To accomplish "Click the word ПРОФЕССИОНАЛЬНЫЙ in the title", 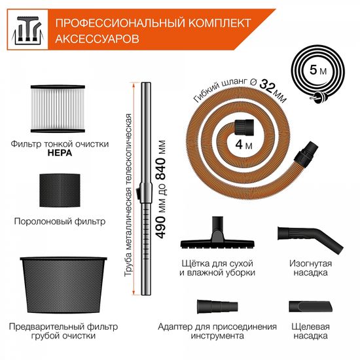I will click(111, 24).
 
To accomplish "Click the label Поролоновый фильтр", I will click(60, 221).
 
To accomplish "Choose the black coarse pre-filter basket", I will click(59, 283).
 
